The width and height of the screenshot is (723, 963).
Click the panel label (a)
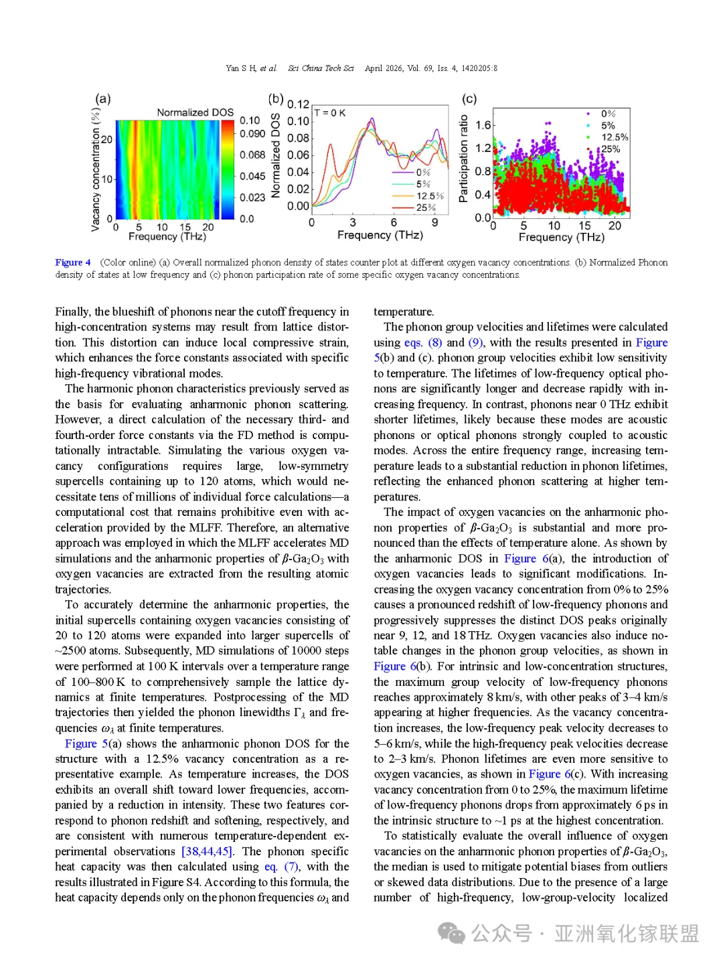102,99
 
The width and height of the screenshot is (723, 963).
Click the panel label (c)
469,99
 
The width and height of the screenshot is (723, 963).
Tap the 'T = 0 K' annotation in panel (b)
330,113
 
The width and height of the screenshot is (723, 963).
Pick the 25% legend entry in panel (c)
611,149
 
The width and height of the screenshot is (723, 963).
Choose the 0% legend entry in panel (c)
608,114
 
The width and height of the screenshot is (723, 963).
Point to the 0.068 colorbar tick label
252,155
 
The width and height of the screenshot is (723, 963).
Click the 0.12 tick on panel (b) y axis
298,104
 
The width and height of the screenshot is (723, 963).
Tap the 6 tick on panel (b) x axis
394,222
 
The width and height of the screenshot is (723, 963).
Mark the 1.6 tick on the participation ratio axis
483,125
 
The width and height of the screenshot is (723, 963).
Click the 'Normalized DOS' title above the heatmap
195,112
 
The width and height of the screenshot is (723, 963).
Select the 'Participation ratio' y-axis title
463,159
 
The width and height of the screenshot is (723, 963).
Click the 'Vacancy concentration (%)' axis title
95,170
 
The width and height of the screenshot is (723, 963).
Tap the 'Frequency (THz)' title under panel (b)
380,235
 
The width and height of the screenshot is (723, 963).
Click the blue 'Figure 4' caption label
73,262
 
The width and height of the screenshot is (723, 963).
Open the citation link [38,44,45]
208,851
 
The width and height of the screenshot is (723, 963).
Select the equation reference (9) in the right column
475,343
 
